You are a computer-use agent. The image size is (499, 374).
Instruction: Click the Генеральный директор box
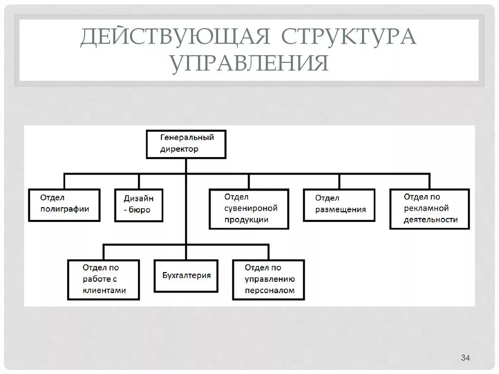tap(186, 144)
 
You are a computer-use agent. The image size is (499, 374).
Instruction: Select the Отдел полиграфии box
tap(64, 205)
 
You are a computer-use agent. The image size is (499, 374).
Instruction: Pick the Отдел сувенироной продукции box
tap(249, 209)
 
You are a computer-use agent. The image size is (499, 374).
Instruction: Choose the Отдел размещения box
tap(339, 205)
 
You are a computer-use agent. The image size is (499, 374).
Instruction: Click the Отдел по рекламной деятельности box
tap(430, 209)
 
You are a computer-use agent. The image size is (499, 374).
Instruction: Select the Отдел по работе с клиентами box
tap(104, 279)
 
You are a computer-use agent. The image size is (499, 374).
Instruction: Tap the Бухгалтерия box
tap(186, 276)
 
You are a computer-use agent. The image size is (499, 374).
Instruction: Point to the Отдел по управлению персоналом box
tap(269, 279)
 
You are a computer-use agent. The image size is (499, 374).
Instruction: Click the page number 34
tap(465, 359)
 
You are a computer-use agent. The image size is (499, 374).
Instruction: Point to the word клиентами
tap(104, 290)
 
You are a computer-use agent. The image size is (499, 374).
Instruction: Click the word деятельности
tap(431, 219)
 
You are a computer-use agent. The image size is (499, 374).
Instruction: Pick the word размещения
tap(340, 210)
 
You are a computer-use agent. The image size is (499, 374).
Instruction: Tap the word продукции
tap(247, 219)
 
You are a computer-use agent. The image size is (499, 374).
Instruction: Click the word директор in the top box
tap(179, 149)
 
